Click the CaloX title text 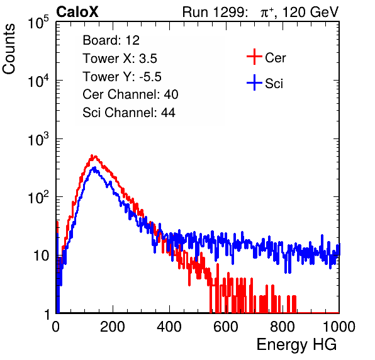77,12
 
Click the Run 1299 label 215,12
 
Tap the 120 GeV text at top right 311,12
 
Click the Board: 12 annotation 111,40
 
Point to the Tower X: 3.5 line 120,59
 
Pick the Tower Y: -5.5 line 122,77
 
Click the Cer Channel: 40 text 130,94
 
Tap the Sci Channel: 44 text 129,113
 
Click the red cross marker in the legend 254,57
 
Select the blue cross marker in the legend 254,83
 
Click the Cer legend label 275,58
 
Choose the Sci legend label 274,84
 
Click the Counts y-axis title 9,49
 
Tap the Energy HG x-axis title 296,345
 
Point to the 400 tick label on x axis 169,327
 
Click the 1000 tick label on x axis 339,327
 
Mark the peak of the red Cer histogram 92,155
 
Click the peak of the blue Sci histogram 94,167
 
